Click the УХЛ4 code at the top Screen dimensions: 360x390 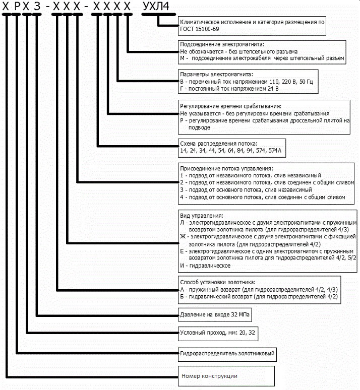pos(156,6)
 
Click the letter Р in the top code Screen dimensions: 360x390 pos(17,6)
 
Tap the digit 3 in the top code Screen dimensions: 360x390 pos(37,6)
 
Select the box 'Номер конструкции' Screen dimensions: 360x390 pos(226,376)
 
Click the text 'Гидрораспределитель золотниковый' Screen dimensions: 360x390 pos(227,353)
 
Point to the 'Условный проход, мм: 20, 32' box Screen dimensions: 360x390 pos(218,334)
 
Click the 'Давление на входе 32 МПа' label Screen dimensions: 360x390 pos(215,314)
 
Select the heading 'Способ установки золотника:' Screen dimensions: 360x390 pos(218,282)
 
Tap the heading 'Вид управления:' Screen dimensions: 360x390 pos(202,215)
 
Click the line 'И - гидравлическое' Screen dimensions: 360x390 pos(205,266)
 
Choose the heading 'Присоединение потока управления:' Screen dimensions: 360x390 pos(226,168)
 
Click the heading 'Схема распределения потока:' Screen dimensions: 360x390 pos(219,144)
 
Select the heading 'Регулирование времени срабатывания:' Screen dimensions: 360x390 pos(230,106)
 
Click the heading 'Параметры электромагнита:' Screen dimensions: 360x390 pos(216,74)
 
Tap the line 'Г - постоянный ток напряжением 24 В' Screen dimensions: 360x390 pos(229,89)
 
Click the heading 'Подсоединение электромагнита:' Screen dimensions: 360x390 pos(222,44)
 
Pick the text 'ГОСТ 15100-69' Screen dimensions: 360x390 pos(200,29)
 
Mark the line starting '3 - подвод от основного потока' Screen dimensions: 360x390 pos(246,190)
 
